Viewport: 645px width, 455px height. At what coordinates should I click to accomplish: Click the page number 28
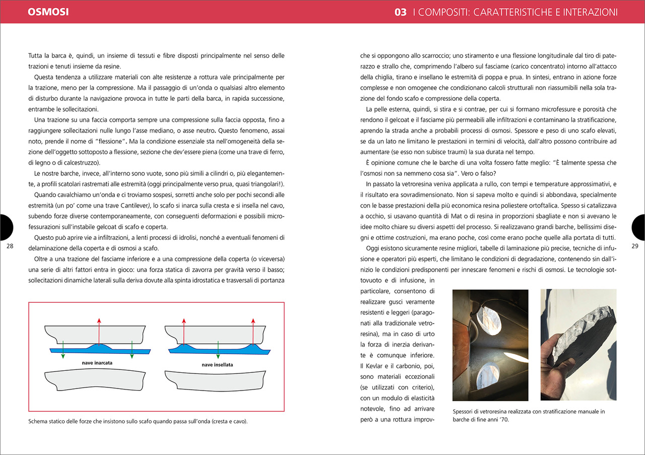click(x=10, y=246)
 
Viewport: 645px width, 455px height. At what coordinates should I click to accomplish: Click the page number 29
click(x=634, y=246)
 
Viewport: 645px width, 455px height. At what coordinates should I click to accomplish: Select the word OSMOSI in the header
click(x=48, y=11)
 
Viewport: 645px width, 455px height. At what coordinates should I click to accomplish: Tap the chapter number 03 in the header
click(x=401, y=12)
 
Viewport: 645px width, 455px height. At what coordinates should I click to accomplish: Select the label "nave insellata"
click(x=217, y=364)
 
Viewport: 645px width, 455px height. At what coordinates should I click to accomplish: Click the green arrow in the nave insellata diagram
click(x=218, y=350)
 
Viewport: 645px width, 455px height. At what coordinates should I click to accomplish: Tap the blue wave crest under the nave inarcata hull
click(x=100, y=347)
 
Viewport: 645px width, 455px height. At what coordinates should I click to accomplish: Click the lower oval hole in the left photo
click(x=483, y=375)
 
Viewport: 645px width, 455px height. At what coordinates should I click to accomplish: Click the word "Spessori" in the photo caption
click(x=465, y=411)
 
